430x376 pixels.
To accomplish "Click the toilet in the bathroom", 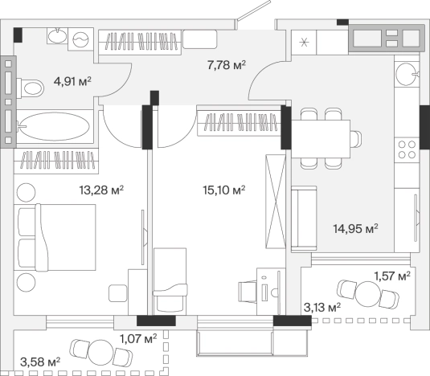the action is pos(31,88).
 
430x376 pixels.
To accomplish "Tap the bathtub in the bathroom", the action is pos(55,126).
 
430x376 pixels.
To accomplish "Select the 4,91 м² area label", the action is pos(72,81).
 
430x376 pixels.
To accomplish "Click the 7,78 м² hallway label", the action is pos(227,65).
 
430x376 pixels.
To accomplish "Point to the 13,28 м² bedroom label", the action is pos(101,190).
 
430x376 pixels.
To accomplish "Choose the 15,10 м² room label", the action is pos(224,190).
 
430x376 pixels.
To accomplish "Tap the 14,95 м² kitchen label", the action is pos(356,228).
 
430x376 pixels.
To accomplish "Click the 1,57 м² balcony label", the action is pos(392,276).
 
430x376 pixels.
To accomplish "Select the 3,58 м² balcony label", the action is pos(40,362).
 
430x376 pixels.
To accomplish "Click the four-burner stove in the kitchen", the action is pos(407,149).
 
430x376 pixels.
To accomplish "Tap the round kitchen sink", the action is pos(407,74).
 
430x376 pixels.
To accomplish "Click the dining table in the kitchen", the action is pos(321,139).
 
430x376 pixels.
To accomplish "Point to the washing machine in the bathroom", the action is pos(81,39).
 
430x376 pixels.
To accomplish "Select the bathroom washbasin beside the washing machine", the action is pos(57,35).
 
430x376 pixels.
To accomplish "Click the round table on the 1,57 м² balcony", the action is pos(368,294).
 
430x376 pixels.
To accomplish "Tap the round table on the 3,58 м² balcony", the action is pos(100,353).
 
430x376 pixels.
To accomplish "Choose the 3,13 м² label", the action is pos(322,308).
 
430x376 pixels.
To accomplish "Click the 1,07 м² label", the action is pos(138,339).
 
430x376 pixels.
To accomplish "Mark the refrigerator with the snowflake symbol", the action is pos(304,43).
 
